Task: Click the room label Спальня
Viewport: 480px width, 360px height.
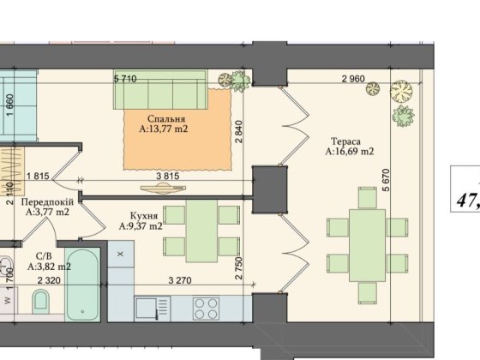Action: (166, 119)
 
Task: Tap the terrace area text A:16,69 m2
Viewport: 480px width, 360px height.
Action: (350, 152)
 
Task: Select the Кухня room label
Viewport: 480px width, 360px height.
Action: (144, 216)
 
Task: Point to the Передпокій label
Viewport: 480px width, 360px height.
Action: (47, 202)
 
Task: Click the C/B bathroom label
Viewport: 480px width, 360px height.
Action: (44, 256)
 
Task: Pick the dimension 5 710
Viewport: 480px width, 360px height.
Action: (125, 79)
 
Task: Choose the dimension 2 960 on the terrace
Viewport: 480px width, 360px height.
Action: (353, 79)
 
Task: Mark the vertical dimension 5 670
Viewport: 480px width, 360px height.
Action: (387, 180)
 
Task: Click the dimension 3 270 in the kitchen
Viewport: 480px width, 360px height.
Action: (180, 280)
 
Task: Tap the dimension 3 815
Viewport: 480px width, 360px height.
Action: (167, 176)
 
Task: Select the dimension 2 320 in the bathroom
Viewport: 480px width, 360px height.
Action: (49, 280)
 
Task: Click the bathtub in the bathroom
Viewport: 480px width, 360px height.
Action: (82, 285)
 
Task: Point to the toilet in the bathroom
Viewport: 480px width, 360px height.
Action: (41, 301)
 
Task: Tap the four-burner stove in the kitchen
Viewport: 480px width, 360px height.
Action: (206, 309)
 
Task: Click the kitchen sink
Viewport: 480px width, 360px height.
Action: (153, 309)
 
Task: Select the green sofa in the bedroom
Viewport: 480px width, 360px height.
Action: (160, 89)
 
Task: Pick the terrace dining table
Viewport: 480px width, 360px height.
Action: (367, 245)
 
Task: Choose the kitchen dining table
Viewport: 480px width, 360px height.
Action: (201, 231)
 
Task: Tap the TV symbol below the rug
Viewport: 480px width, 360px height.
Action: (163, 189)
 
